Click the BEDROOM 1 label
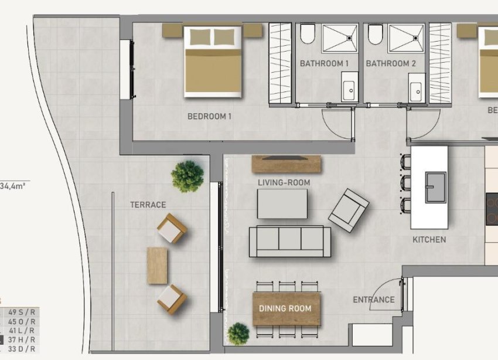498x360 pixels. coord(209,116)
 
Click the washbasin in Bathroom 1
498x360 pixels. coord(349,88)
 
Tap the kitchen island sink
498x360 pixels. coord(435,186)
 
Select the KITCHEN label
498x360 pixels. coord(429,239)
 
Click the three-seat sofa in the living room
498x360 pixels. coord(289,241)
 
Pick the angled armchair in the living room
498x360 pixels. coord(349,210)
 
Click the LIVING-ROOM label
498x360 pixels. coord(284,182)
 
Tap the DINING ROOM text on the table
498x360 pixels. coord(286,308)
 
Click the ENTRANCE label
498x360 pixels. coord(373,300)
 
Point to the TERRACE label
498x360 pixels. coord(148,205)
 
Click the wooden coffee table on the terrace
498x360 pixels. coord(157,265)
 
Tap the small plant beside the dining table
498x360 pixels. coord(238,334)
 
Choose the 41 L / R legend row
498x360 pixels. coord(22,330)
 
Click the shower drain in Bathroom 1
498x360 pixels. coord(350,38)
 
